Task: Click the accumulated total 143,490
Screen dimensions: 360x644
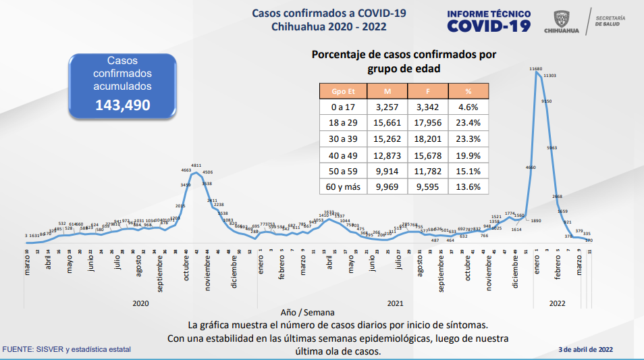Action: (123, 105)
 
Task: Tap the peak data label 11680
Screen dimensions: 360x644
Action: (536, 69)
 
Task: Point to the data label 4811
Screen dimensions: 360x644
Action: (196, 165)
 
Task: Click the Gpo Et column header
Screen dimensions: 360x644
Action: (342, 91)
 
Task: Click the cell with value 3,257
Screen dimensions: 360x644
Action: (387, 106)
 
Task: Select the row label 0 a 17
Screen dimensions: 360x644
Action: (342, 106)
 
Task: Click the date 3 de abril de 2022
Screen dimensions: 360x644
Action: (586, 349)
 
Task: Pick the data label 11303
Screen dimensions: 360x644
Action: (549, 76)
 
